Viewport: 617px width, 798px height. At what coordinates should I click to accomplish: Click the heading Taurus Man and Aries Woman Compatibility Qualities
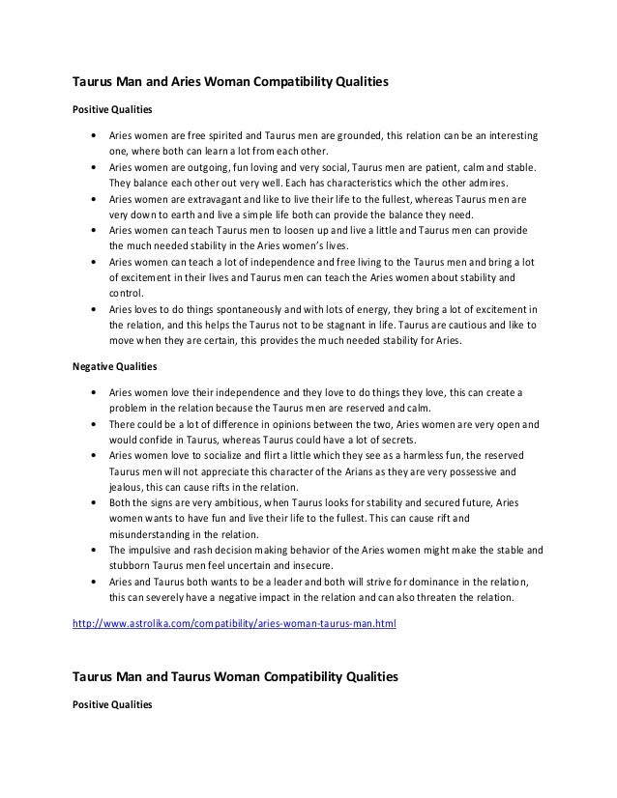tap(231, 84)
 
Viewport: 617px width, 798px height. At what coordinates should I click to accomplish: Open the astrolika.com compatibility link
tap(235, 624)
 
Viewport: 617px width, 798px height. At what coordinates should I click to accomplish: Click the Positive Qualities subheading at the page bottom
tap(112, 704)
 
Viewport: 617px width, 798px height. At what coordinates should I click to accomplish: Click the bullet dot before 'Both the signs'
tap(92, 502)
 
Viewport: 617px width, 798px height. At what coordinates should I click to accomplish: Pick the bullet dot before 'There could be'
tap(92, 423)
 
